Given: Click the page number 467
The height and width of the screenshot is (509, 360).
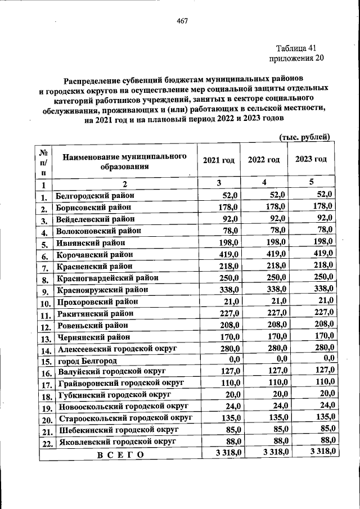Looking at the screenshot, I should pyautogui.click(x=182, y=21).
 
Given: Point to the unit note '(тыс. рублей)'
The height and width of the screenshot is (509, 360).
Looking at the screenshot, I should pyautogui.click(x=304, y=137).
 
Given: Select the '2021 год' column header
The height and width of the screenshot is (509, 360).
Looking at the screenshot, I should pyautogui.click(x=219, y=160).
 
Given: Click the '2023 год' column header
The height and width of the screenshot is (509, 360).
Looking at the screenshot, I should pyautogui.click(x=310, y=159).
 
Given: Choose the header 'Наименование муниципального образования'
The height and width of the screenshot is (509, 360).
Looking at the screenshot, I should pyautogui.click(x=124, y=161).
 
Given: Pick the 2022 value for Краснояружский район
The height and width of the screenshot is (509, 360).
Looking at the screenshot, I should pyautogui.click(x=276, y=289).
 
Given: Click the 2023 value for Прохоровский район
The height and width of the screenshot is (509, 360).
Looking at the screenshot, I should pyautogui.click(x=324, y=300).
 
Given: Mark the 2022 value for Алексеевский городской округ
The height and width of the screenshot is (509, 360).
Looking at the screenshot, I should pyautogui.click(x=276, y=348).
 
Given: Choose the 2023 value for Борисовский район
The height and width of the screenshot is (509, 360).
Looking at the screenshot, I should pyautogui.click(x=322, y=206).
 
